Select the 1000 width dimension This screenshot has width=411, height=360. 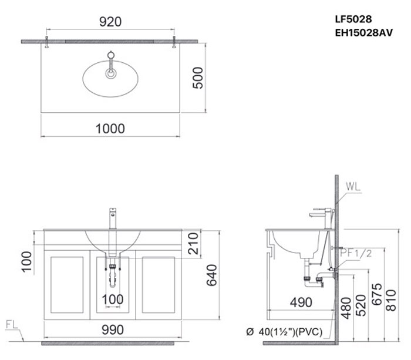pyautogui.click(x=110, y=128)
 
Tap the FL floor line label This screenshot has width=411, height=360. pyautogui.click(x=11, y=324)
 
